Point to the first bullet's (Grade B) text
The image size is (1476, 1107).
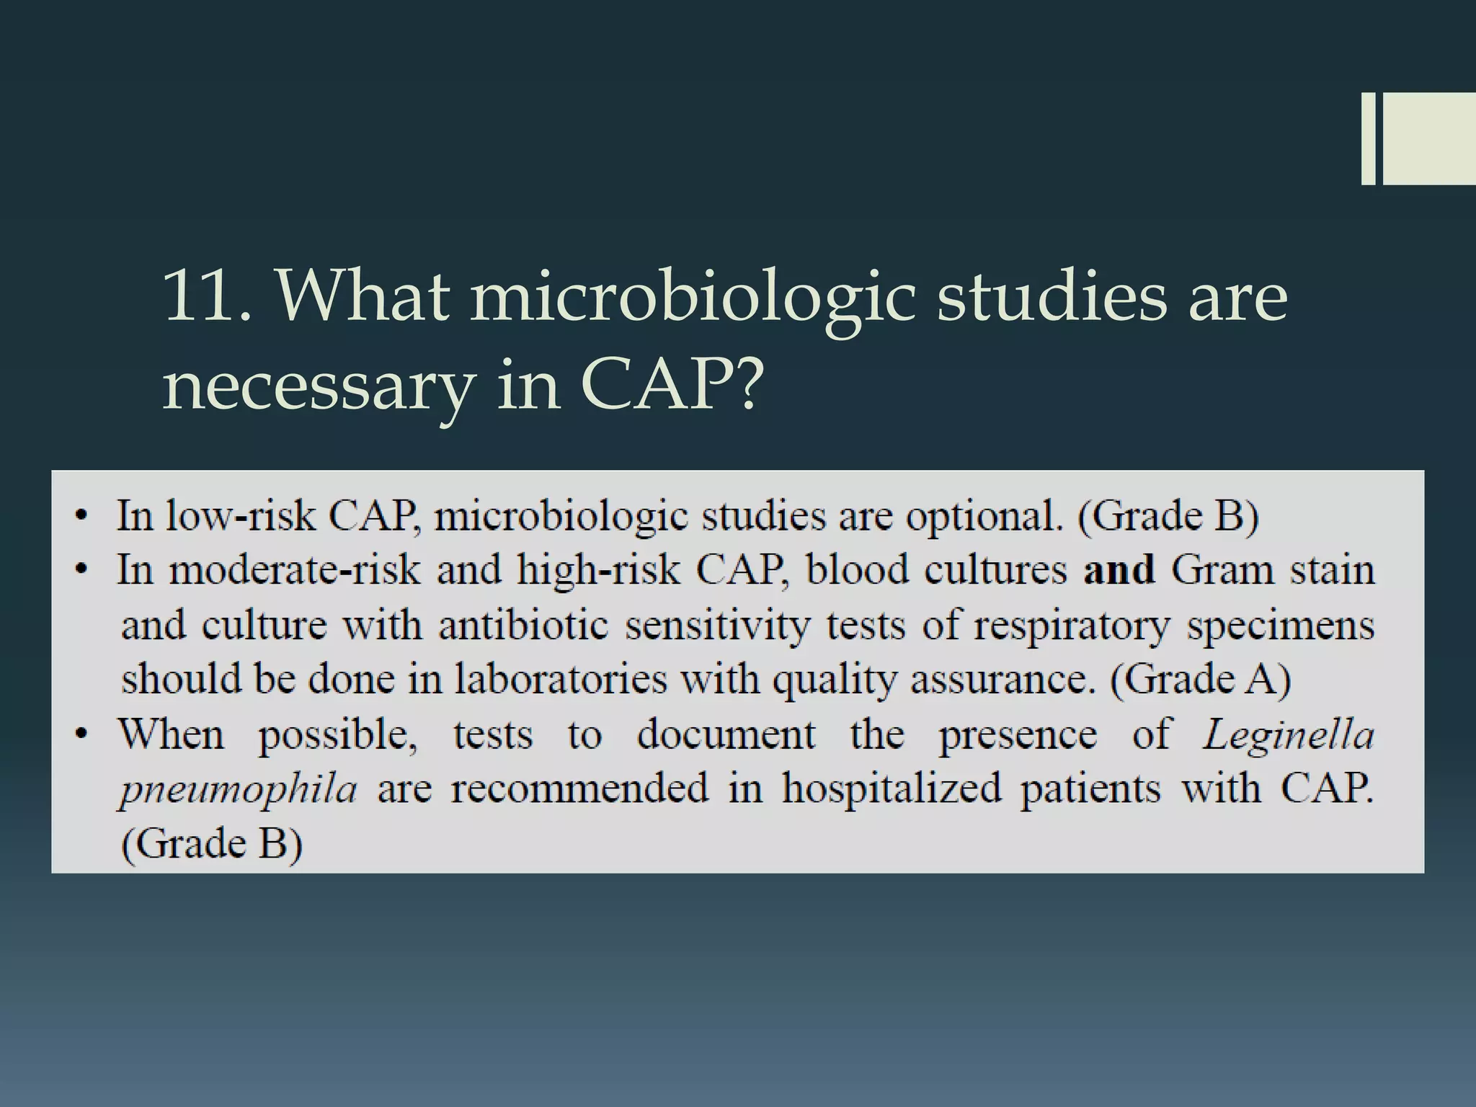coord(1168,516)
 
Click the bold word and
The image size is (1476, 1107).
coord(1119,570)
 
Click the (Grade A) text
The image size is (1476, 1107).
coord(1200,680)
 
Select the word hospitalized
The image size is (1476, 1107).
coord(892,788)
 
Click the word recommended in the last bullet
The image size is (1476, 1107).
coord(580,788)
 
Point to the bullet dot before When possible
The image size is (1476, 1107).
coord(84,734)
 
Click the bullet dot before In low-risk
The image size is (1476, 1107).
coord(84,516)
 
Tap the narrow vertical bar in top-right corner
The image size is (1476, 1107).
coord(1368,138)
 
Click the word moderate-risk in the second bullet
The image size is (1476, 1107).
coord(295,570)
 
